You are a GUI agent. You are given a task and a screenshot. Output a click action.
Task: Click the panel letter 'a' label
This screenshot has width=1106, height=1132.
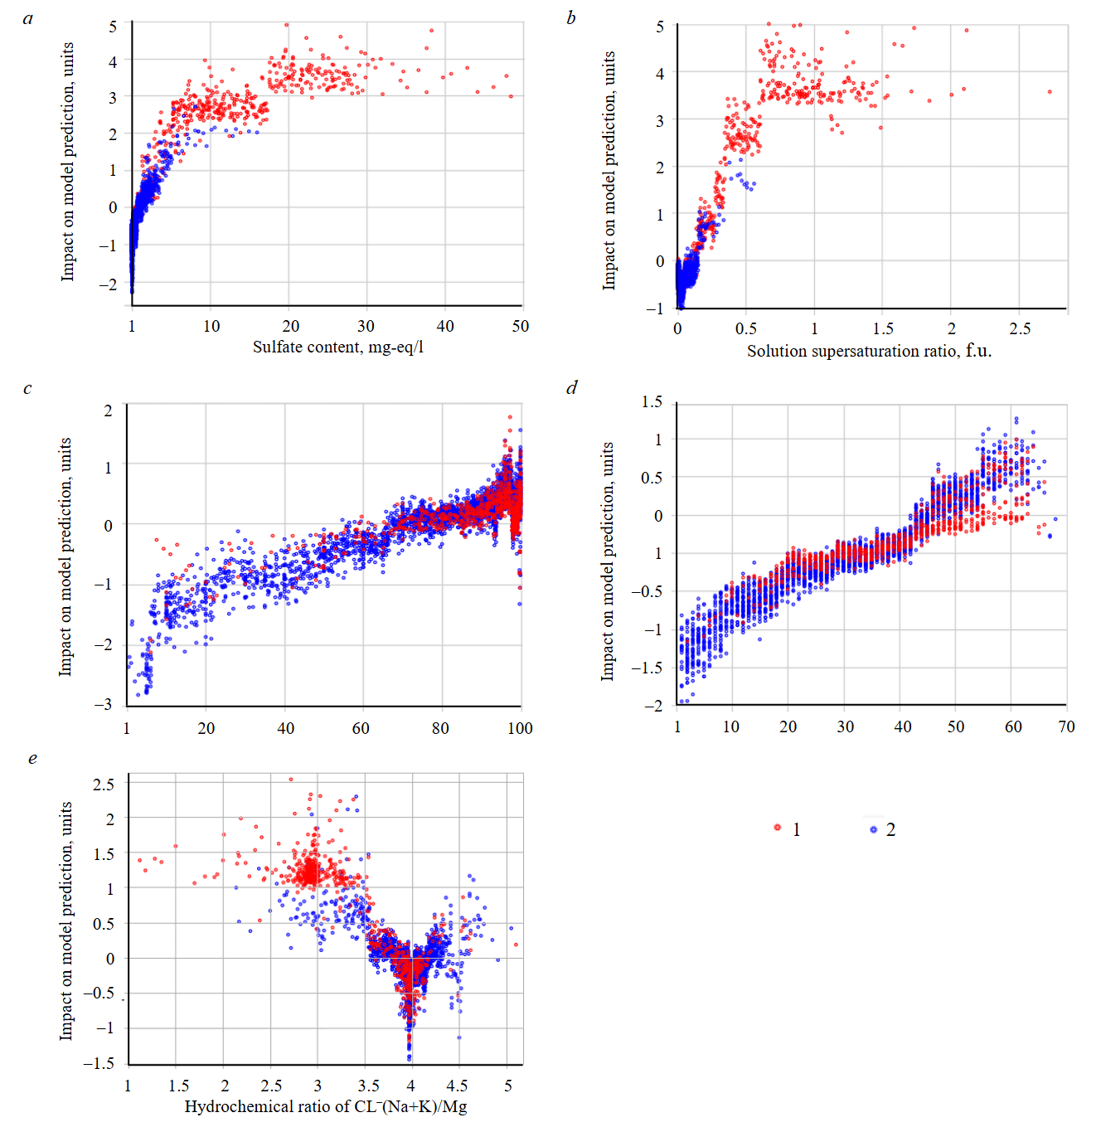click(x=28, y=18)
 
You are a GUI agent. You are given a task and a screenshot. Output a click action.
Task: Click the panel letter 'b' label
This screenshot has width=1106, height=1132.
click(x=571, y=18)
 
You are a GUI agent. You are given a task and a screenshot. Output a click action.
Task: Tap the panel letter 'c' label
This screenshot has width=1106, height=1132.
click(x=27, y=388)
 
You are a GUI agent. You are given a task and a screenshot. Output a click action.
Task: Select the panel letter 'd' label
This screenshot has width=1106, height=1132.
click(x=571, y=387)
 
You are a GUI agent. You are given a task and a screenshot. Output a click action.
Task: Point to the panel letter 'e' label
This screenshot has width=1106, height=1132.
click(x=32, y=758)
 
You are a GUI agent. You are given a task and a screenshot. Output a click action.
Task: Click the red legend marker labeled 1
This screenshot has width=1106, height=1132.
click(x=778, y=828)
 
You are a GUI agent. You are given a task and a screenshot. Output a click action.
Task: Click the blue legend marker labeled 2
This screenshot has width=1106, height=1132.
click(x=873, y=828)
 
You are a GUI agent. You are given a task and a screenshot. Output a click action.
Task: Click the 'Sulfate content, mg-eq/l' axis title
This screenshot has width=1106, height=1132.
click(x=338, y=347)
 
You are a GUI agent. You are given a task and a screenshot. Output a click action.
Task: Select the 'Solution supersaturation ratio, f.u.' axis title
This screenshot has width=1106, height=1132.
click(x=869, y=351)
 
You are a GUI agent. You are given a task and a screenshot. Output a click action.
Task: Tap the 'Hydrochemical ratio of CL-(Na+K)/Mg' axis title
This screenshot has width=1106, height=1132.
click(x=326, y=1106)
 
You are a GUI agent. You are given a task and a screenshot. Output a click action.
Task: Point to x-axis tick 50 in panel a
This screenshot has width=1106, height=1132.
click(x=520, y=326)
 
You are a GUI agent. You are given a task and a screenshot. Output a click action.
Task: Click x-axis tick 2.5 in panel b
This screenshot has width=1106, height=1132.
click(x=1020, y=328)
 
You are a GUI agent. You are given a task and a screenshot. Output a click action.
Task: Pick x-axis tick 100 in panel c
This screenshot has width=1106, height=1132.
click(x=520, y=728)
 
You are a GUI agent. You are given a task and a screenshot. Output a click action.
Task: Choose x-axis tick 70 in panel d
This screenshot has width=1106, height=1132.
click(x=1066, y=726)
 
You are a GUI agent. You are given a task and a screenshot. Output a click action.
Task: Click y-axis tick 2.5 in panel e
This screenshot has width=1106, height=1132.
click(x=104, y=784)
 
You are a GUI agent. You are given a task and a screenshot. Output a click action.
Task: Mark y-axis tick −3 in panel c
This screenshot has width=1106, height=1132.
click(x=103, y=704)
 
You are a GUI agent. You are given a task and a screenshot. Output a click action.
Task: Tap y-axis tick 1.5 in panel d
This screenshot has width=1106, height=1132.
click(x=652, y=402)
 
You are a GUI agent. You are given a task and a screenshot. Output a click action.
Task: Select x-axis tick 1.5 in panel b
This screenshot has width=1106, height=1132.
click(x=883, y=328)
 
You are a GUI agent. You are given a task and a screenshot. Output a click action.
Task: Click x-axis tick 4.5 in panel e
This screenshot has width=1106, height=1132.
click(x=457, y=1086)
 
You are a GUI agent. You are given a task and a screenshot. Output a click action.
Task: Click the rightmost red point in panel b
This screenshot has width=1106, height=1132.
click(x=1050, y=92)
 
